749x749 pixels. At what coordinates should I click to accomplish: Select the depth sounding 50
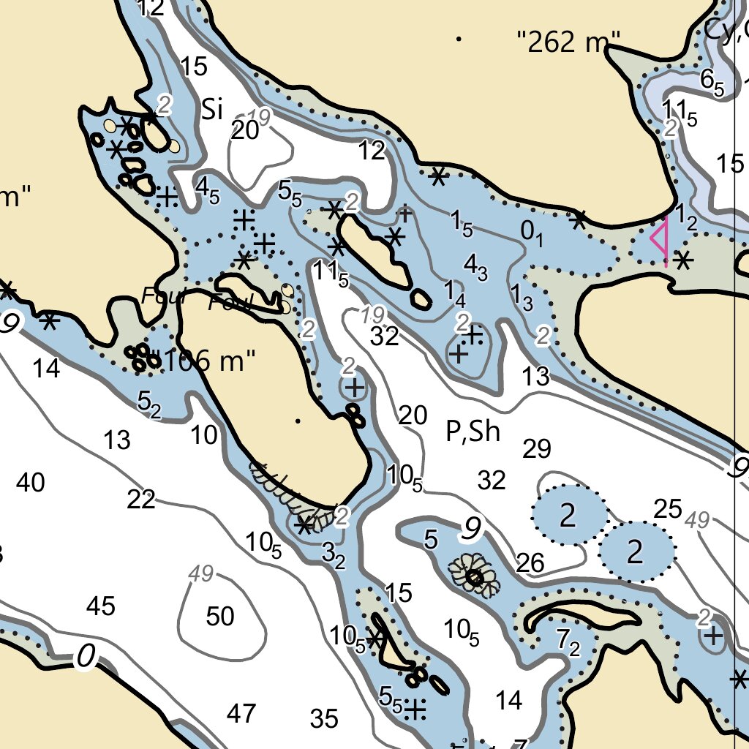tap(220, 617)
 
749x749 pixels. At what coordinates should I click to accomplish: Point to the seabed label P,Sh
tap(473, 432)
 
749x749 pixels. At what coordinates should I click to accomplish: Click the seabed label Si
tap(211, 110)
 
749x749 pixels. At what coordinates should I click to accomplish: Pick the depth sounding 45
tap(101, 606)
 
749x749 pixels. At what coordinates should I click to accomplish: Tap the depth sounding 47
tap(241, 712)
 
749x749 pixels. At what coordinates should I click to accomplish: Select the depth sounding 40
tap(30, 483)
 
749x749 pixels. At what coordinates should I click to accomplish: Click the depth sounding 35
tap(324, 719)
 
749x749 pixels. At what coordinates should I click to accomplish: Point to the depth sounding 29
tap(536, 449)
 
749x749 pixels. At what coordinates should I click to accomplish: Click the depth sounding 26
tap(530, 562)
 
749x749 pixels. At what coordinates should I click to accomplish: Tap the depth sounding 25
tap(668, 509)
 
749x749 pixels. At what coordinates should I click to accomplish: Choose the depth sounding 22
tap(141, 500)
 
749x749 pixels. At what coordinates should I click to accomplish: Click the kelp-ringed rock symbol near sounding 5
tap(474, 577)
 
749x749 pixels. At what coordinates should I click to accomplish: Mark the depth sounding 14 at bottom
tap(509, 701)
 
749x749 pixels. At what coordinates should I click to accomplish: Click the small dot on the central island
tap(298, 421)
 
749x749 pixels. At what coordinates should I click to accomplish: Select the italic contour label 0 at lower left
tap(86, 658)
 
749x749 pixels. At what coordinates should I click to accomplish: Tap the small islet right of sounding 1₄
tap(420, 298)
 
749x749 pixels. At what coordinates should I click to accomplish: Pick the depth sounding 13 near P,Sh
tap(536, 377)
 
